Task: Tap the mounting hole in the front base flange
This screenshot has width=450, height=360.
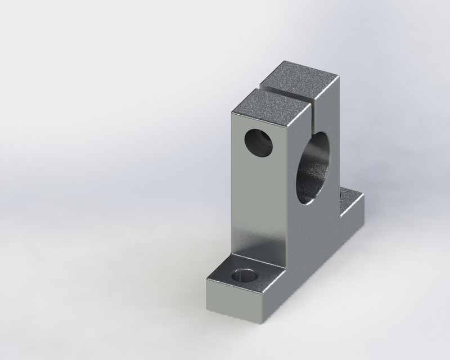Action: pyautogui.click(x=243, y=276)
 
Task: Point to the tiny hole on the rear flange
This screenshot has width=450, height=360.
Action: pyautogui.click(x=342, y=195)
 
